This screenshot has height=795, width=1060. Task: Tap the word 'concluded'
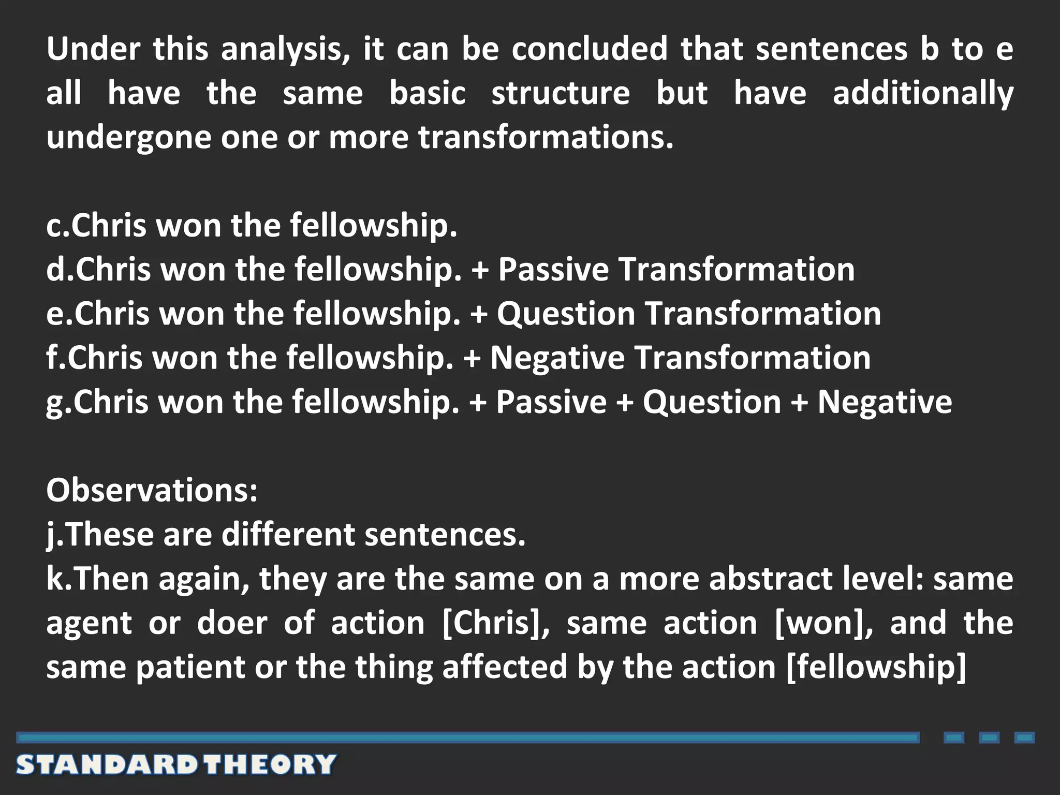click(590, 49)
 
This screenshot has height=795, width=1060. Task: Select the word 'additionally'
click(923, 94)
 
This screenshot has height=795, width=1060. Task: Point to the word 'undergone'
click(128, 138)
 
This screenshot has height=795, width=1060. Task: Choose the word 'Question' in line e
click(566, 314)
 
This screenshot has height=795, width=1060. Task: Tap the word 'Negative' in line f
click(557, 358)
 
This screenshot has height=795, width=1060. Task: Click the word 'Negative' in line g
click(885, 402)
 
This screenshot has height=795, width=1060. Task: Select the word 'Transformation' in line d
click(737, 270)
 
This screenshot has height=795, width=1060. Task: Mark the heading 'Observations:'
click(152, 490)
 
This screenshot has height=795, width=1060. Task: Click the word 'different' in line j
click(288, 534)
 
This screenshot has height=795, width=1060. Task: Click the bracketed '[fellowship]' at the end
click(876, 667)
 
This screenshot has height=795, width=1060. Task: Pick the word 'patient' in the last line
click(190, 667)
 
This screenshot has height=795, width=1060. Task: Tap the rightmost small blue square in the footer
click(1024, 738)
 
